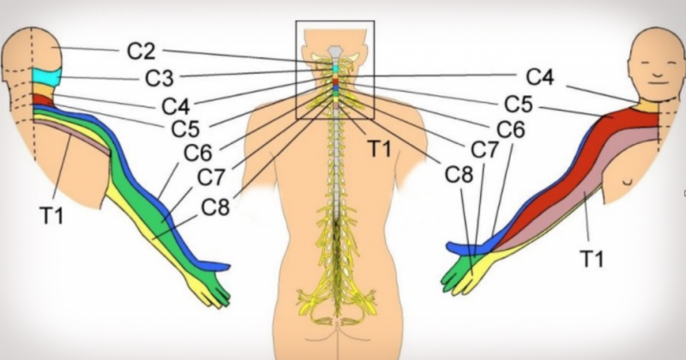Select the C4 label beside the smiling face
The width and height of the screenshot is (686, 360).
(540, 77)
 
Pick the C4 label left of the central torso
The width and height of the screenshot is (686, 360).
(176, 107)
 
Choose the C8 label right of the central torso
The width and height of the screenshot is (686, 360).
(459, 174)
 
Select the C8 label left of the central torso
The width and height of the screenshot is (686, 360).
(215, 207)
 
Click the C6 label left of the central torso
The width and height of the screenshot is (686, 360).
(198, 154)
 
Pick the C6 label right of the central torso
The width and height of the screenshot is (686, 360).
(511, 129)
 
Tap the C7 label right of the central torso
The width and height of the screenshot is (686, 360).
(484, 151)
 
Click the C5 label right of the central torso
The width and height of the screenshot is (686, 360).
(518, 105)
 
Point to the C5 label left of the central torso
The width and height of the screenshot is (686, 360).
(185, 130)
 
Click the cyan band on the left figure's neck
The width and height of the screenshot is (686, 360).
(47, 78)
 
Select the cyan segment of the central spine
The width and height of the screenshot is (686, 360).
(336, 67)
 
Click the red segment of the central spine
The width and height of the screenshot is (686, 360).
(336, 81)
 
